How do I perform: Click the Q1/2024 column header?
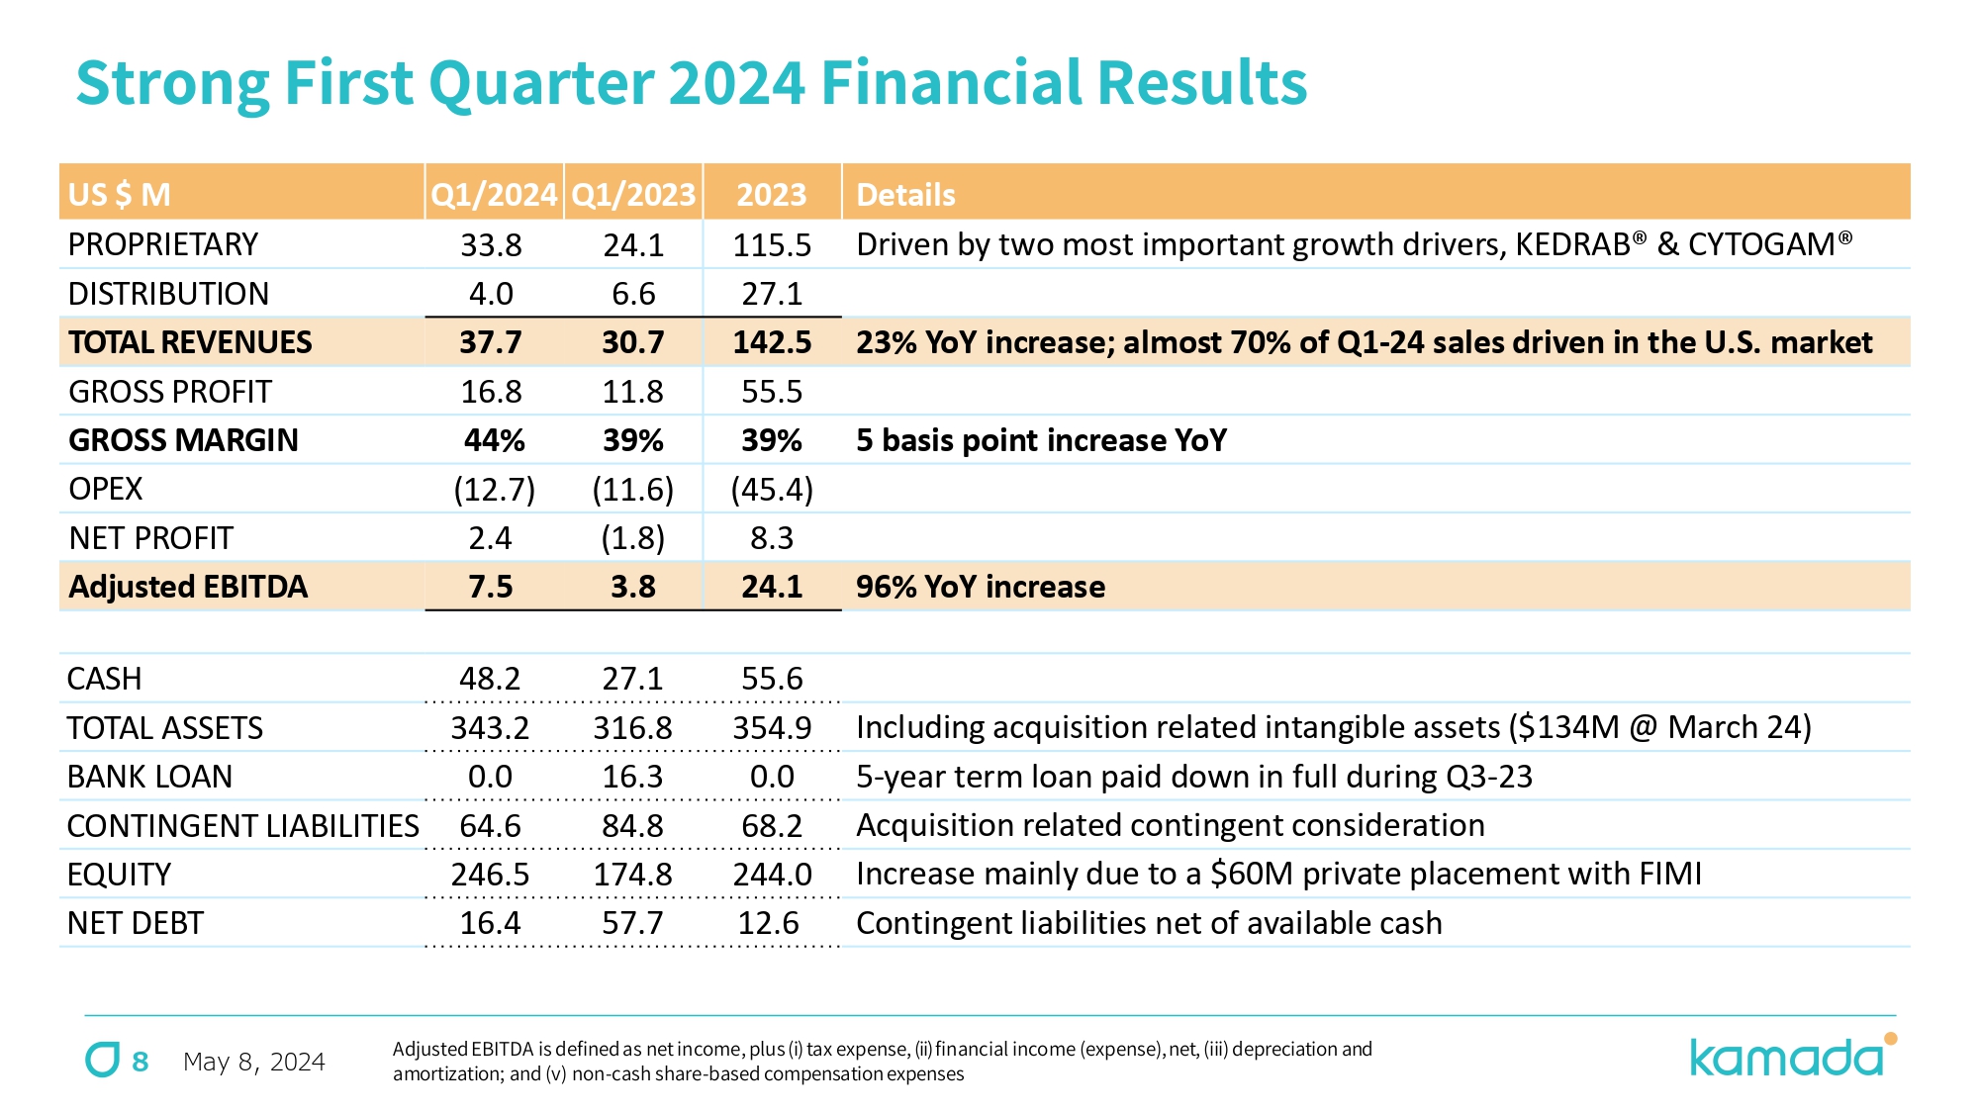coord(494,194)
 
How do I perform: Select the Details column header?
coord(905,194)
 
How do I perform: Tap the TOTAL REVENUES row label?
coord(190,342)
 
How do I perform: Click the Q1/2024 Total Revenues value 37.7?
coord(491,342)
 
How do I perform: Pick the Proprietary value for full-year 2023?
coord(772,244)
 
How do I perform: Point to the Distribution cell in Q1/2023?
coord(633,294)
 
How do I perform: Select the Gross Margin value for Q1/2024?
coord(494,440)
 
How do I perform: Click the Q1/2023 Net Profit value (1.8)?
coord(633,538)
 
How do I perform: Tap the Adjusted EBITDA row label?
coord(188,587)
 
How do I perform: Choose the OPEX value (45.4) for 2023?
coord(772,489)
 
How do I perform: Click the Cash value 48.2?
coord(490,679)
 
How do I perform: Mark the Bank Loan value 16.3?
coord(633,777)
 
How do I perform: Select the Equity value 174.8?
coord(633,875)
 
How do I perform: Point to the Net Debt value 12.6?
coord(769,923)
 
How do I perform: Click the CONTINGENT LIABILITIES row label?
coord(242,826)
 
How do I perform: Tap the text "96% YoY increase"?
coord(980,587)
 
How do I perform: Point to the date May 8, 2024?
coord(254,1062)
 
